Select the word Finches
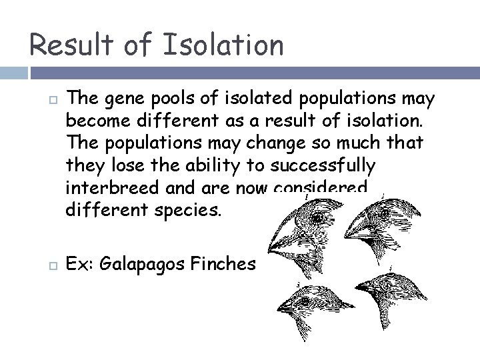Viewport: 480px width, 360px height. pos(224,264)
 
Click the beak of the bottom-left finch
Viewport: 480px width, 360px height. pos(284,307)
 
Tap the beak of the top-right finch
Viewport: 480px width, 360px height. pos(353,230)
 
